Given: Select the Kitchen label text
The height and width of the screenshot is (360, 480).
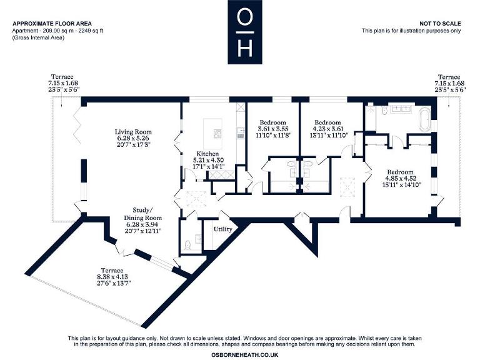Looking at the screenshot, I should tap(207, 154).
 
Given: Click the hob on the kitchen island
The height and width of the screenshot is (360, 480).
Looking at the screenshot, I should tap(218, 134).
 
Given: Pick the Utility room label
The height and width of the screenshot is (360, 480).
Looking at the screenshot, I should tap(223, 229).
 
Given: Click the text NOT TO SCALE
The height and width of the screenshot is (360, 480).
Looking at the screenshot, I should tap(441, 23).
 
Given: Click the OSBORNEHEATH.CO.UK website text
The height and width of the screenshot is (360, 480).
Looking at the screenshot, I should tap(241, 353).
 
